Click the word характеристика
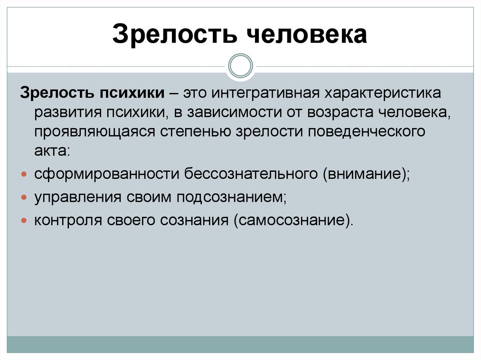(381, 93)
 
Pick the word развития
(68, 113)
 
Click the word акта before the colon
(50, 151)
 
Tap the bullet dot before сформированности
(24, 174)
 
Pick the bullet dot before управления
(24, 197)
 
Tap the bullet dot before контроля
(24, 220)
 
